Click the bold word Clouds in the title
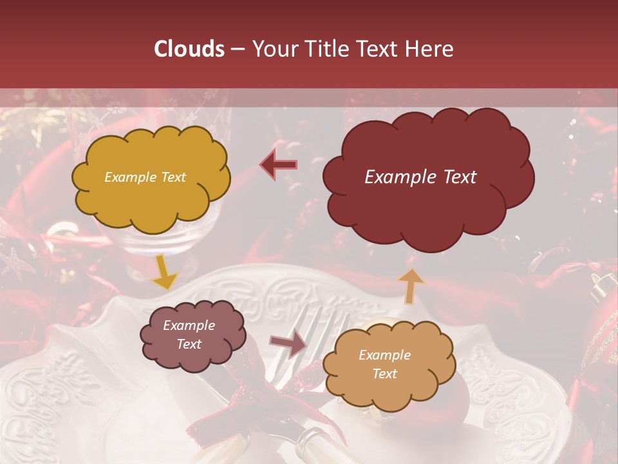click(190, 49)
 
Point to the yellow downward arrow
click(164, 273)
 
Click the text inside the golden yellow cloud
click(145, 177)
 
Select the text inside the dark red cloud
click(420, 177)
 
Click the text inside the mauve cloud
click(189, 334)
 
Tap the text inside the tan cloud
click(384, 364)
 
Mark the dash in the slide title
click(238, 50)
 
